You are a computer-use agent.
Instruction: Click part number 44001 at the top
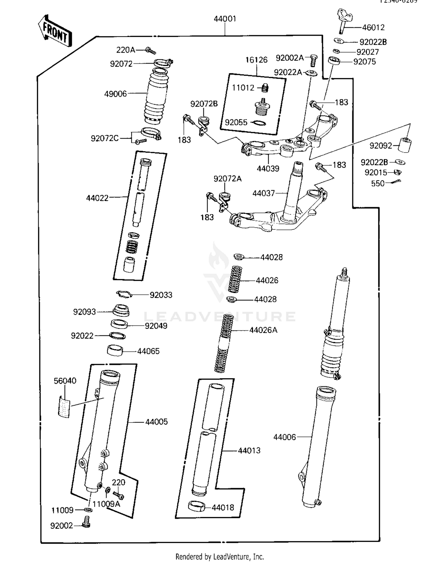[x=225, y=19]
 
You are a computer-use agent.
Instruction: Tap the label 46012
[x=373, y=28]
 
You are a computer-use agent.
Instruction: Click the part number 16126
[x=256, y=60]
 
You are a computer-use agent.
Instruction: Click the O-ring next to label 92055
[x=260, y=123]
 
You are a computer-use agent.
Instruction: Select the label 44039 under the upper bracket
[x=268, y=168]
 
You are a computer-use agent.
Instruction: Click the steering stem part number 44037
[x=263, y=193]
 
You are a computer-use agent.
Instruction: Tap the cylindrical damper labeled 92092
[x=405, y=144]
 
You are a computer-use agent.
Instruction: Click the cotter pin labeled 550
[x=395, y=182]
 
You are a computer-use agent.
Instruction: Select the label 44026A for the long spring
[x=263, y=330]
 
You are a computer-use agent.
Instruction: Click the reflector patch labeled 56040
[x=64, y=406]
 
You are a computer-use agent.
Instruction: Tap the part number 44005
[x=156, y=422]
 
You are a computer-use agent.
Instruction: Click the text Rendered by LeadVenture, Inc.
[x=220, y=557]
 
